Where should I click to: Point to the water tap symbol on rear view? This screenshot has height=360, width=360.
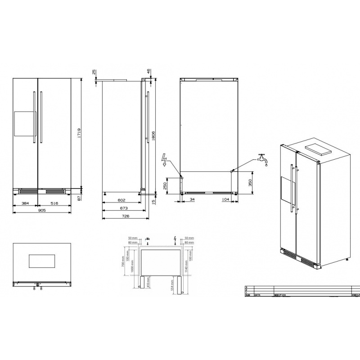click(261, 159)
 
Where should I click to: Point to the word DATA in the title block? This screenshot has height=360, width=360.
click(257, 296)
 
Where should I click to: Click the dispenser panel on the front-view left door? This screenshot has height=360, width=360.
click(23, 124)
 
